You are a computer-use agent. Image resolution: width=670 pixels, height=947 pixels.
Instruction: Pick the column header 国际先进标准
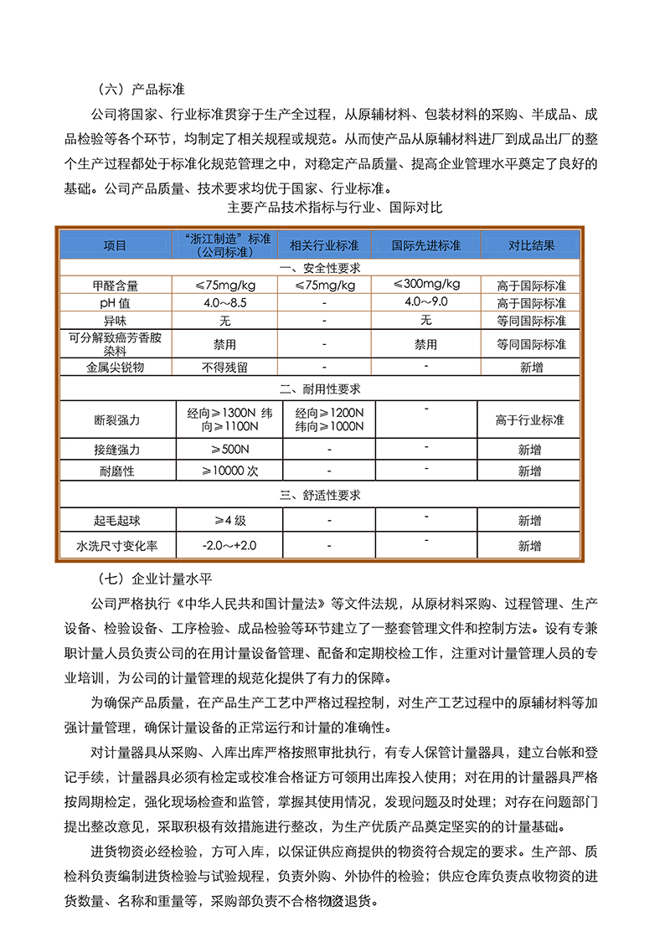pyautogui.click(x=425, y=246)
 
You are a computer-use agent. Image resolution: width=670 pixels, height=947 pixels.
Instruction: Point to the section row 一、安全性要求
pyautogui.click(x=319, y=268)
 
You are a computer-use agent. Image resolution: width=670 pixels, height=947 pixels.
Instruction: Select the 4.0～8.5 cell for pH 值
pyautogui.click(x=224, y=302)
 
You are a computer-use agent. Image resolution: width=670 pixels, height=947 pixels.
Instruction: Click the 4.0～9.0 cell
pyautogui.click(x=425, y=301)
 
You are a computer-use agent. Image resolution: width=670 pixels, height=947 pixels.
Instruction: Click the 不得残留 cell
pyautogui.click(x=224, y=367)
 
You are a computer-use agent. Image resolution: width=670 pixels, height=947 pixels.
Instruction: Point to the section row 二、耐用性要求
pyautogui.click(x=319, y=389)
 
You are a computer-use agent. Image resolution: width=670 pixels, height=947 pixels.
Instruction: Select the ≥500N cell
pyautogui.click(x=224, y=450)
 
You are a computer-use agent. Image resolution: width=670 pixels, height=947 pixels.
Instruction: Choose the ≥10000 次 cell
pyautogui.click(x=224, y=471)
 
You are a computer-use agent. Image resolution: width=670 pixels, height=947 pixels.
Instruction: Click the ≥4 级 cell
pyautogui.click(x=224, y=520)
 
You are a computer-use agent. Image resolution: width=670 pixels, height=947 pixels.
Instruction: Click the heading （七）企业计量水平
pyautogui.click(x=152, y=577)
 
